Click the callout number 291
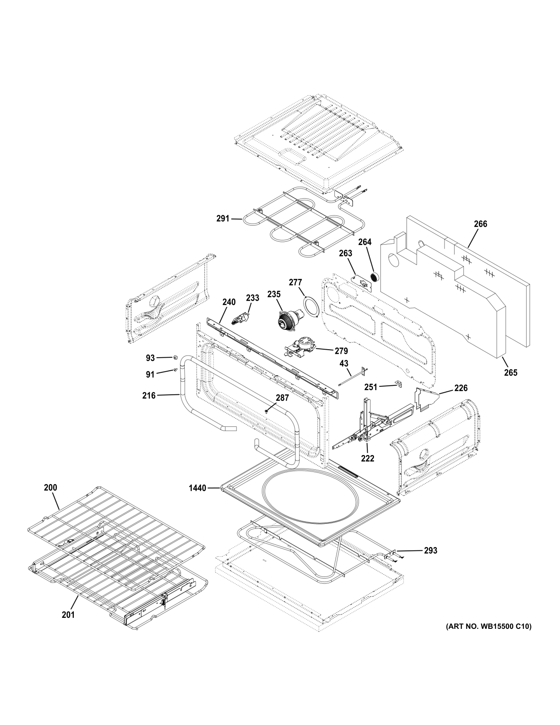point(223,218)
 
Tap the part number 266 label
point(480,224)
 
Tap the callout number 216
point(149,396)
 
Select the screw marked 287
point(267,410)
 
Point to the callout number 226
point(461,388)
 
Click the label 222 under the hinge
point(368,458)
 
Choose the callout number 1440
point(197,488)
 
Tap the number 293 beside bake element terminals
point(431,550)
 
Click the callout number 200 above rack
point(50,488)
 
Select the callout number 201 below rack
point(68,615)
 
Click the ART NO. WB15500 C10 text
point(489,627)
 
